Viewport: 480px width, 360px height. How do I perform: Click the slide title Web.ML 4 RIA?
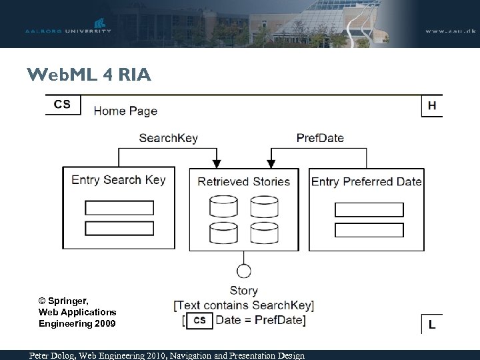pyautogui.click(x=89, y=75)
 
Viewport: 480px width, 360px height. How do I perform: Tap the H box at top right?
pyautogui.click(x=432, y=105)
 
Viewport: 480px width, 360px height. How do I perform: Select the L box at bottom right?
pyautogui.click(x=432, y=324)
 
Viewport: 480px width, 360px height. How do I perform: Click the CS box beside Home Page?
pyautogui.click(x=62, y=104)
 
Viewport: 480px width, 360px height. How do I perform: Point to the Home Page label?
pyautogui.click(x=125, y=111)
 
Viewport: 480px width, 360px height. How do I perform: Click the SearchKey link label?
pyautogui.click(x=168, y=139)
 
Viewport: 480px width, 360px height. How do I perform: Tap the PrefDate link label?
pyautogui.click(x=320, y=139)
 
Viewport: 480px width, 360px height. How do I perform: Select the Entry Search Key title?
pyautogui.click(x=118, y=179)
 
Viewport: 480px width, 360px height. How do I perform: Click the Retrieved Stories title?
pyautogui.click(x=243, y=181)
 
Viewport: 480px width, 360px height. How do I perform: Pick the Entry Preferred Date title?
pyautogui.click(x=366, y=181)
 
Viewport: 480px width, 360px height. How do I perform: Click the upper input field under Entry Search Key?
pyautogui.click(x=119, y=207)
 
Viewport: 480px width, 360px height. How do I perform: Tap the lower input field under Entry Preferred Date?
pyautogui.click(x=369, y=230)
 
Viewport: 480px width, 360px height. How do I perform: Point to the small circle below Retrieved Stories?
pyautogui.click(x=244, y=271)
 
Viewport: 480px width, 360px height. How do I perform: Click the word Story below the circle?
pyautogui.click(x=243, y=291)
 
